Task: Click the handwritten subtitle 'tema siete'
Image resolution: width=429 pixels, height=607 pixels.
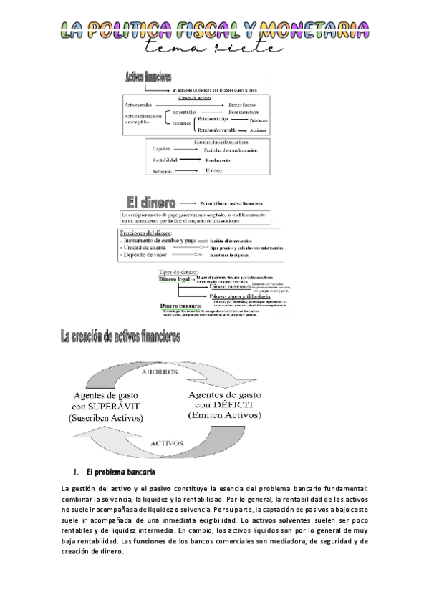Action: click(x=215, y=48)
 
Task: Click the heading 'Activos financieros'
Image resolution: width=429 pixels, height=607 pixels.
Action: click(x=148, y=77)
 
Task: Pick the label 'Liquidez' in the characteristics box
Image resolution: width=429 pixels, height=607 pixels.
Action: click(x=161, y=148)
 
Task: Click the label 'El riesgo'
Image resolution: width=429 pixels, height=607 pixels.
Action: click(x=215, y=171)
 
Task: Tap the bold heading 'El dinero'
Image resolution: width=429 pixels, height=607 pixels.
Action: click(x=147, y=202)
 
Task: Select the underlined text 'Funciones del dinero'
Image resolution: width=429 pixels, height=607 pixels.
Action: click(x=147, y=233)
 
